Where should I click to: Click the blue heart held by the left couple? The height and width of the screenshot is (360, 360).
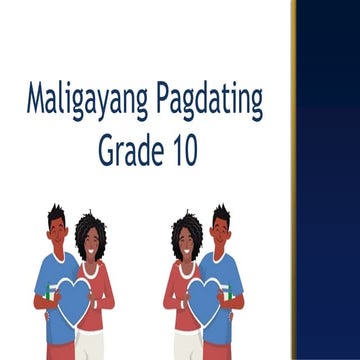click(x=72, y=300)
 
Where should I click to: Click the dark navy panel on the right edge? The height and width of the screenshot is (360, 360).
click(x=328, y=180)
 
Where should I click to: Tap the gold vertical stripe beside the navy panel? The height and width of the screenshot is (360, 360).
click(x=294, y=180)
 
